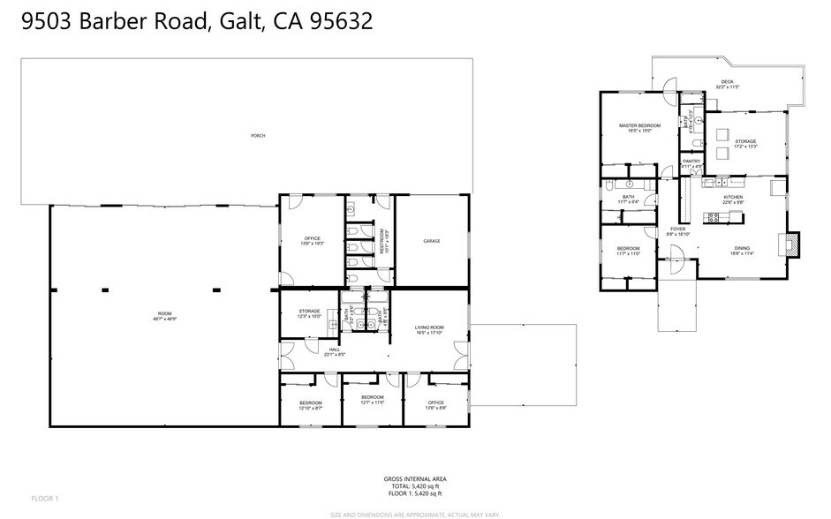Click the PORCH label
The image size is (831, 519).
click(258, 136)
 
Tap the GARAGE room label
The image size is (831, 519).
click(431, 241)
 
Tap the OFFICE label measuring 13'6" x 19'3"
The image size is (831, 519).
click(312, 239)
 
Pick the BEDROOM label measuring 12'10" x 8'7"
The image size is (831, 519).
click(311, 406)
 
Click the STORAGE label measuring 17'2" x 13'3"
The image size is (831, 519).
click(744, 143)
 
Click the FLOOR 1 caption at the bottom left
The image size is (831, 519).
click(44, 499)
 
